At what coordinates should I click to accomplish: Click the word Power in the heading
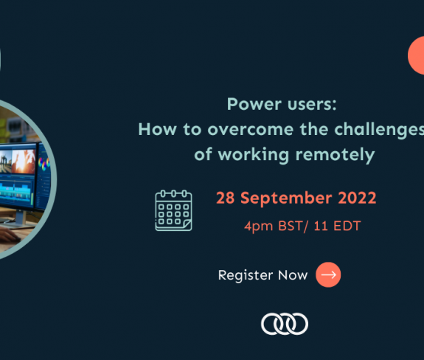coord(251,104)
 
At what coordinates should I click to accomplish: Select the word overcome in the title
coord(251,129)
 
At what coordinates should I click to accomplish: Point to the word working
coord(254,155)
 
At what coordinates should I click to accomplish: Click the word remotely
coord(335,155)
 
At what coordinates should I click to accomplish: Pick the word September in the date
coord(286,198)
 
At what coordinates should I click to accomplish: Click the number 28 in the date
coord(225,198)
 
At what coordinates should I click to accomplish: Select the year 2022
coord(357,198)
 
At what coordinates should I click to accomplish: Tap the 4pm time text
coord(259,226)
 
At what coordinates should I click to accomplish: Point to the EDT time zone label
coord(347,226)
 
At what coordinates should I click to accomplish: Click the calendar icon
coord(173,210)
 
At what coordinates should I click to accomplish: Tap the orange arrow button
coord(328,275)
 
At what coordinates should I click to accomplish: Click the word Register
coord(246,276)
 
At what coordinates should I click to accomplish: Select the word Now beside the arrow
coord(293,275)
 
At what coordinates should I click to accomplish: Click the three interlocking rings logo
coord(285,324)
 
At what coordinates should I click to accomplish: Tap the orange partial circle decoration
coord(416,55)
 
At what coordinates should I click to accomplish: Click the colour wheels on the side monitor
coord(44,163)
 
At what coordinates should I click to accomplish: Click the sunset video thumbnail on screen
coord(24,162)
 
